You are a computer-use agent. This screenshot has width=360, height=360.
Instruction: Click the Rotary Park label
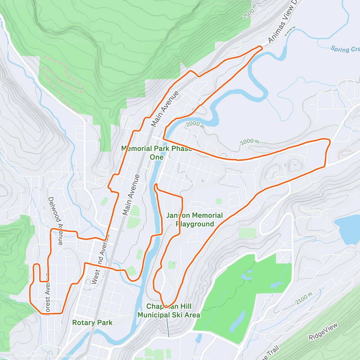coord(92,323)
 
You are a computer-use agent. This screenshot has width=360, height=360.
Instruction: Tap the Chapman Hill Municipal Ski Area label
coord(169,311)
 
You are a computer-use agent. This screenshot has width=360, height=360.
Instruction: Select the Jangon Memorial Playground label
coord(195,220)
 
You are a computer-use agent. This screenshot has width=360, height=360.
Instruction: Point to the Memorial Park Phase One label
coord(156,153)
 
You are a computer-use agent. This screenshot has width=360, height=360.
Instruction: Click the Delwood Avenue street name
coord(55,221)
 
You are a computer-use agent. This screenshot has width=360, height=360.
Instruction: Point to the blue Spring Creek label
coord(345,49)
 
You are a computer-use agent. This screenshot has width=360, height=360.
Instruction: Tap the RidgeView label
coord(323,331)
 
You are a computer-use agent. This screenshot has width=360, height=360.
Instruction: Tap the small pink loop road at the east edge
coord(344,154)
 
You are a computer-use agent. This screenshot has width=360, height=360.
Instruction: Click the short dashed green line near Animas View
coord(290,30)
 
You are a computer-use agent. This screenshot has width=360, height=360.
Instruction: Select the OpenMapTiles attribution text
coord(30,356)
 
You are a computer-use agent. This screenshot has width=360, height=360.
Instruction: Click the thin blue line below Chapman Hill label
coord(168,327)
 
